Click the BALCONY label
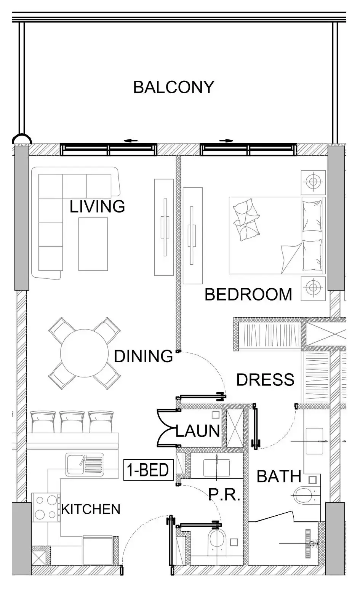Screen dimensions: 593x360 [x=173, y=87]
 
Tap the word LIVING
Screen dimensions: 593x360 [x=97, y=206]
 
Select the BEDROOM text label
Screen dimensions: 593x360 [x=248, y=295]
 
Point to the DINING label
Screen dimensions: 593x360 [x=144, y=356]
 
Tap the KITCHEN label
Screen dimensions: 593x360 [x=91, y=509]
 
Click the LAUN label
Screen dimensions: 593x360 [x=198, y=431]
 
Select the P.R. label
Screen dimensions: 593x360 [x=224, y=495]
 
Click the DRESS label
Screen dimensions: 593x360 [x=265, y=380]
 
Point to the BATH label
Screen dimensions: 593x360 [x=279, y=476]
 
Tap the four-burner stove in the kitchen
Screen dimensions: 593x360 [x=46, y=507]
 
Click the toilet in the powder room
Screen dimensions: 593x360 [x=217, y=542]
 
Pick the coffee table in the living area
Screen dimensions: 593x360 [x=93, y=244]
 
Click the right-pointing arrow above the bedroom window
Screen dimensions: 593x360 [x=226, y=141]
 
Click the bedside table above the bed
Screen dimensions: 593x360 [x=313, y=182]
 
